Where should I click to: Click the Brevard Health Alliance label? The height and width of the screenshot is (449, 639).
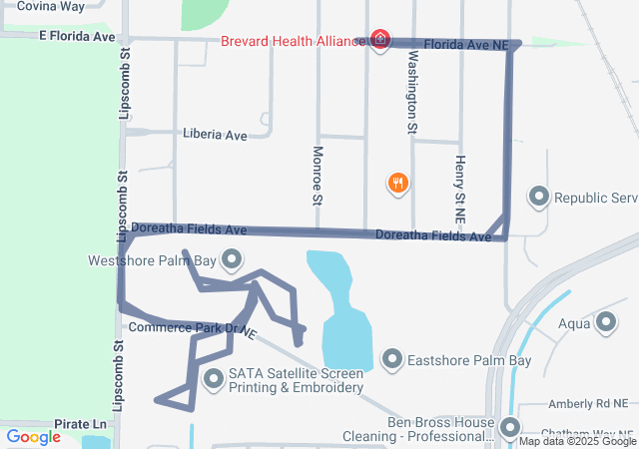click(295, 43)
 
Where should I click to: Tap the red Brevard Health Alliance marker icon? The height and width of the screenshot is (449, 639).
click(379, 39)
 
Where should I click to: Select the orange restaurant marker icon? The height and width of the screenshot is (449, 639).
click(398, 183)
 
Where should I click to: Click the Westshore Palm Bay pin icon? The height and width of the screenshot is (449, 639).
click(232, 260)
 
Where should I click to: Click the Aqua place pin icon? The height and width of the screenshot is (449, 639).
click(606, 322)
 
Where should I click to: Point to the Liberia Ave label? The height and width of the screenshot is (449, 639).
click(215, 134)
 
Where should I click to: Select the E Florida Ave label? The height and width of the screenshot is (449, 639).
click(78, 36)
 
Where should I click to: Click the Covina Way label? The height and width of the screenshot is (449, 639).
click(51, 6)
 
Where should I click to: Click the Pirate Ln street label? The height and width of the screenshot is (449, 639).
click(80, 424)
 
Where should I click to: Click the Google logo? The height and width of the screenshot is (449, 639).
click(33, 437)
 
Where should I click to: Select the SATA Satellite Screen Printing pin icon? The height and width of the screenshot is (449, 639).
click(214, 379)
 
